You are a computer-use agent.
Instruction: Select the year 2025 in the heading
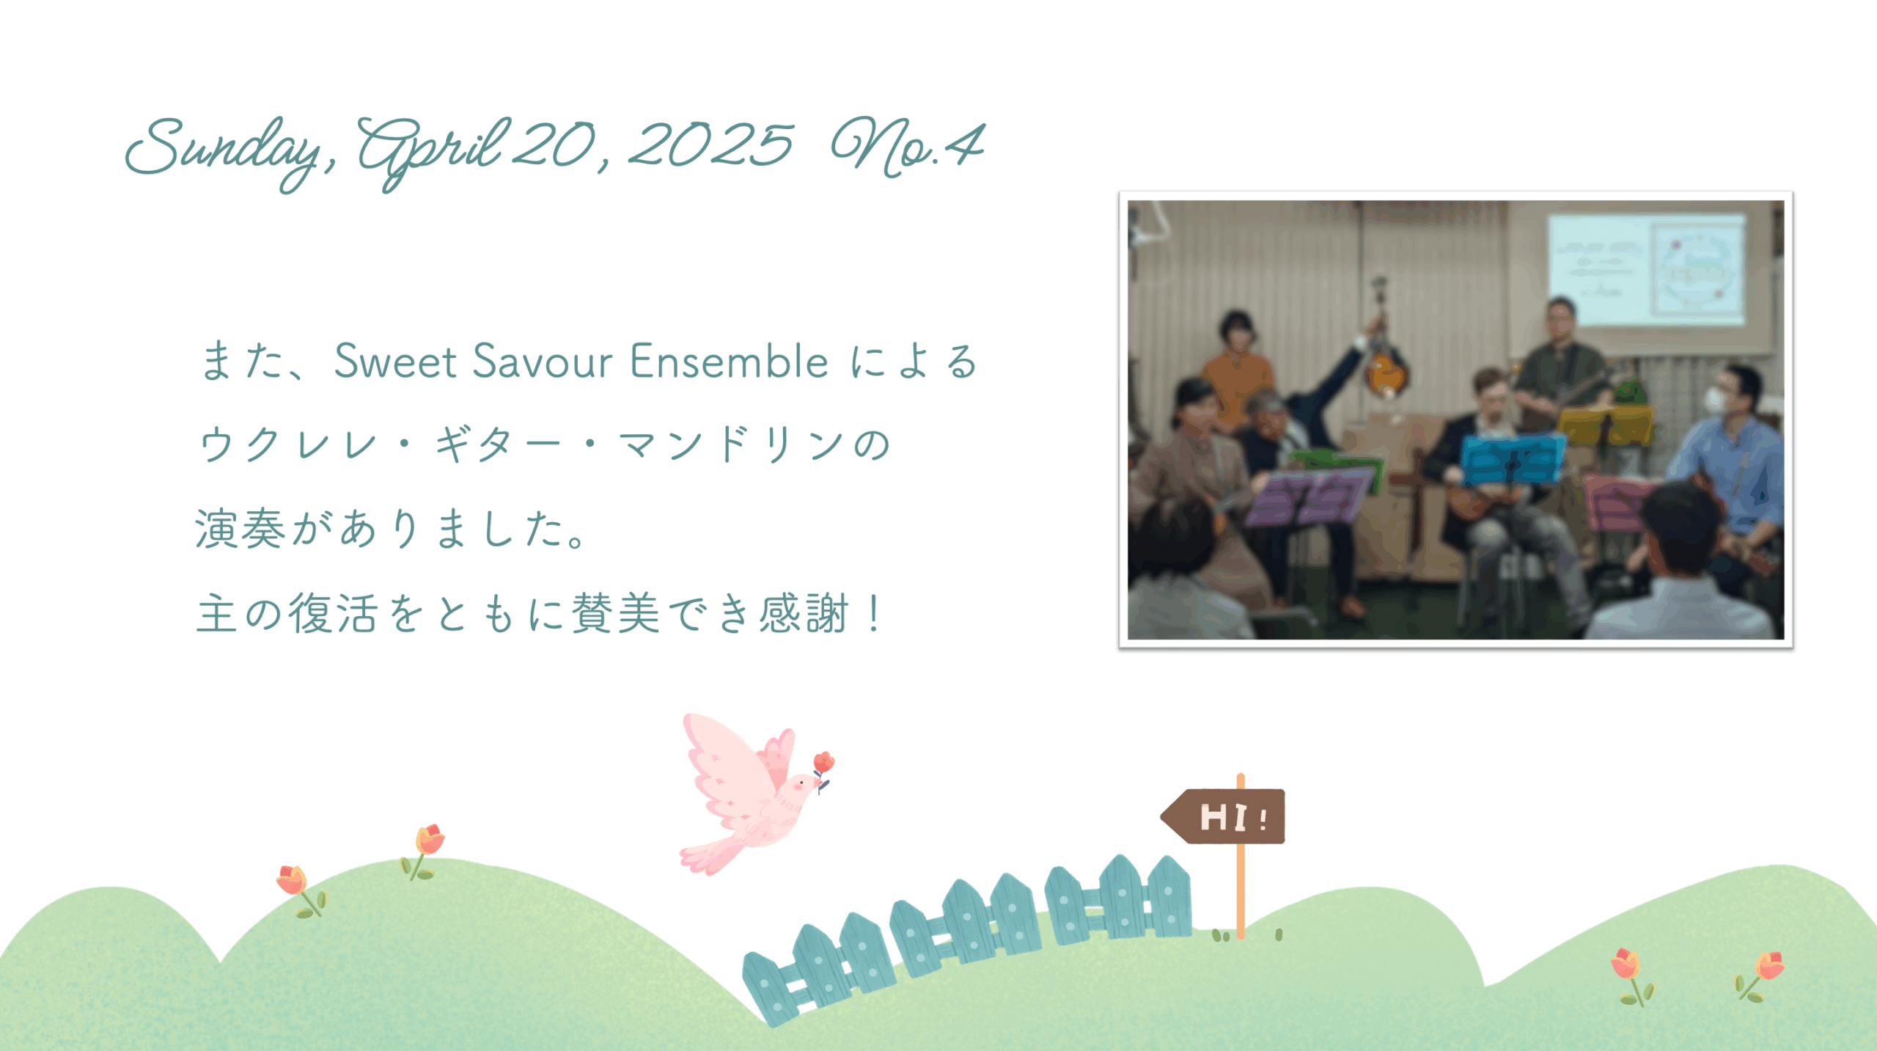(710, 144)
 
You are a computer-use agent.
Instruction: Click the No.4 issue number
(908, 147)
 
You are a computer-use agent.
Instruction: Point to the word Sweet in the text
(396, 361)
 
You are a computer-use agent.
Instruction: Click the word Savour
(543, 361)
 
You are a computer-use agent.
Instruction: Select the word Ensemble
(729, 361)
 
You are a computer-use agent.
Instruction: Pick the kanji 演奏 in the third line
(240, 529)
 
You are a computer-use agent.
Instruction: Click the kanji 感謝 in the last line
(804, 613)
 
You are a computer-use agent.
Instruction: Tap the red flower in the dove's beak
(823, 763)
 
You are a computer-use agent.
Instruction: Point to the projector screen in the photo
(1647, 268)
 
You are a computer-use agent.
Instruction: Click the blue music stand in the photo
(1512, 459)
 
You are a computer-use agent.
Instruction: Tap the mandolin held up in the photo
(1383, 367)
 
